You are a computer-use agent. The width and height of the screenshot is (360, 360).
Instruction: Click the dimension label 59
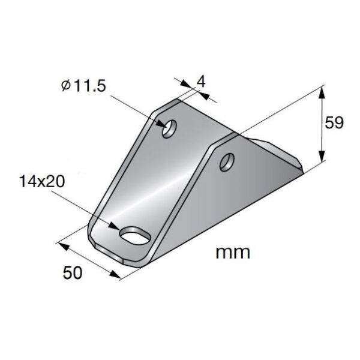tap(334, 124)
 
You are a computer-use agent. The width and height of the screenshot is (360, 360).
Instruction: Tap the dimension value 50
tap(71, 272)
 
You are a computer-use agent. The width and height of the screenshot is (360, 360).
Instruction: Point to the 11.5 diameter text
tap(88, 86)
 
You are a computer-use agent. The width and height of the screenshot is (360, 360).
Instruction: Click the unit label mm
tap(233, 252)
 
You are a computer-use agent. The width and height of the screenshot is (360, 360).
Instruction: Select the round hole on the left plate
tap(170, 128)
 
